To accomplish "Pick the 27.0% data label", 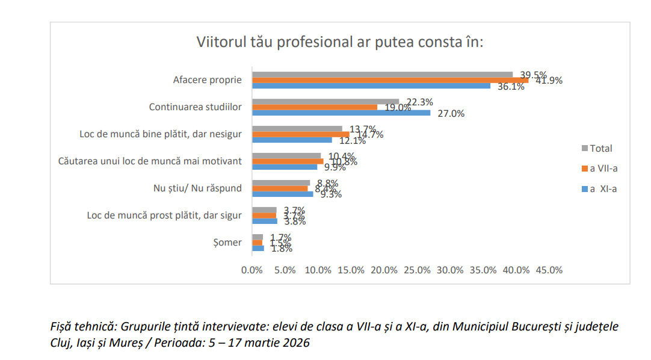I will [451, 113].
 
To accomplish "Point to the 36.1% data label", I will [511, 87].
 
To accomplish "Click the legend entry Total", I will [600, 148].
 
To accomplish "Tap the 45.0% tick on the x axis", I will [549, 270].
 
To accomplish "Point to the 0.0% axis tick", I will [252, 270].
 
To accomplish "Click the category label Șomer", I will [230, 242].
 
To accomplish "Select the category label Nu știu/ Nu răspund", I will [197, 188].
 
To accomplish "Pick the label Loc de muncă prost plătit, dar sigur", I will [164, 215].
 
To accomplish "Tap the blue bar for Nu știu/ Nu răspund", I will [282, 194].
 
